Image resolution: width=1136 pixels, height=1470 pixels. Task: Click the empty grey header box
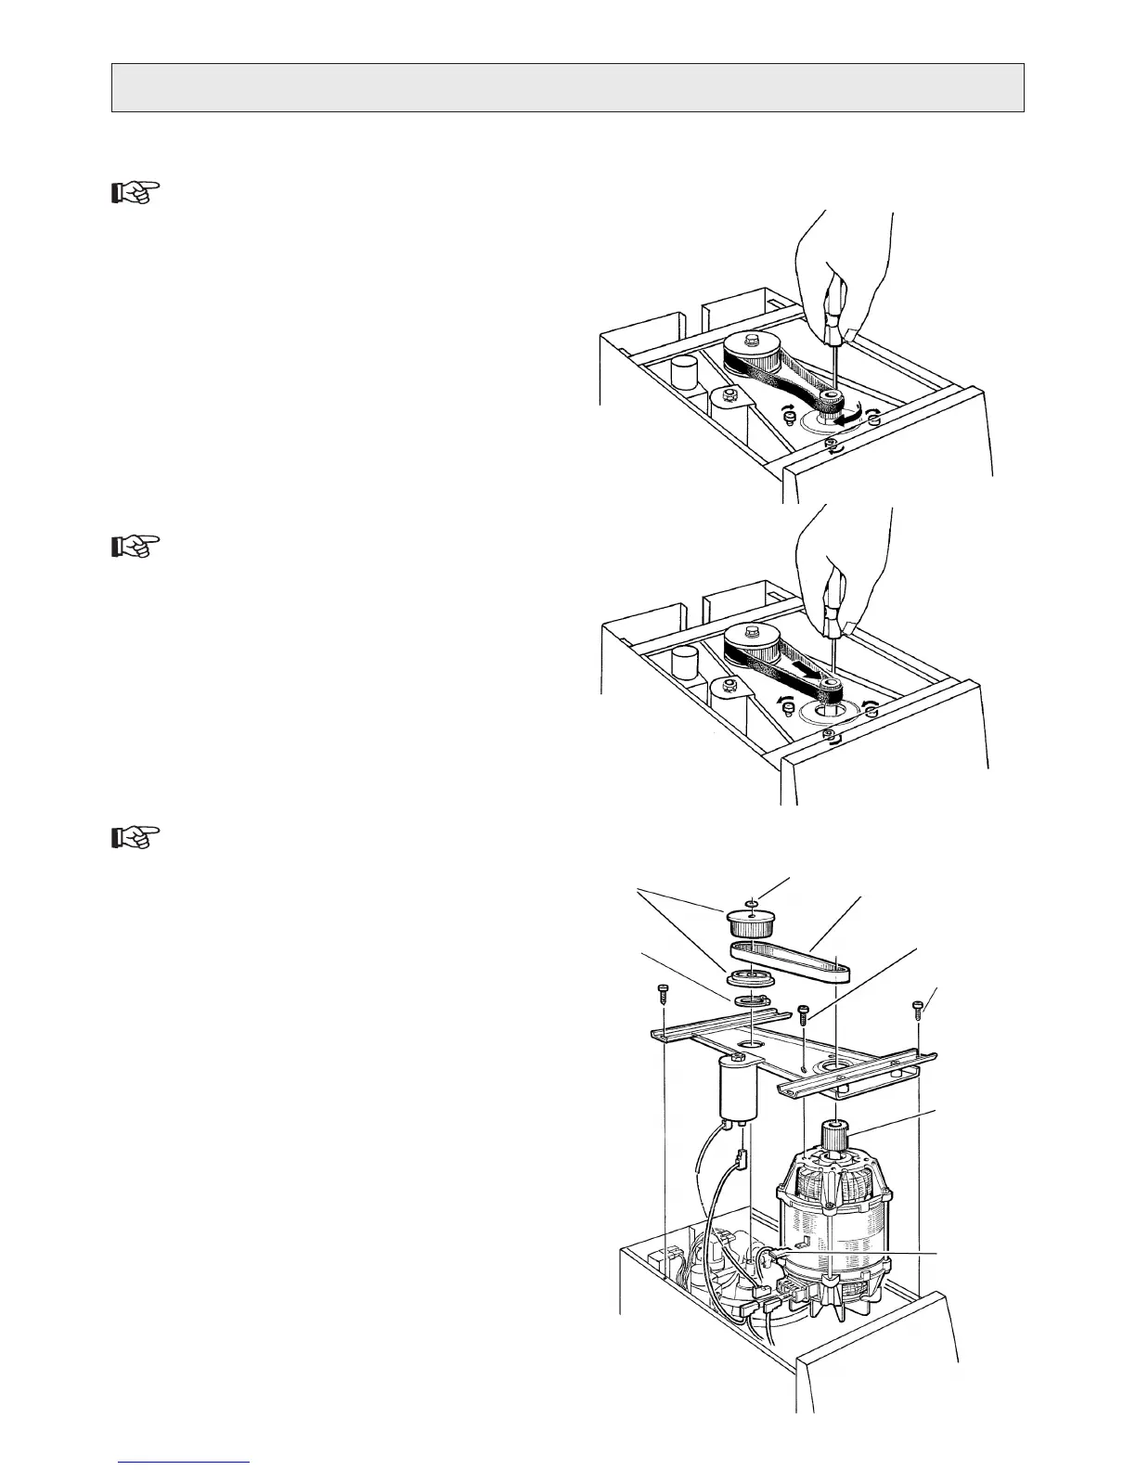pyautogui.click(x=567, y=87)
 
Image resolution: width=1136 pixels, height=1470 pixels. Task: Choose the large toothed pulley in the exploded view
pyautogui.click(x=753, y=924)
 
